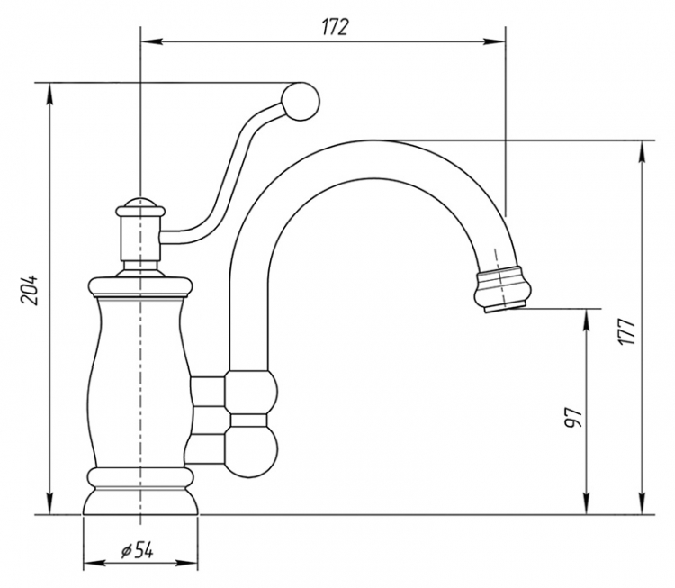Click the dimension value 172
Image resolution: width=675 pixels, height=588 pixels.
(335, 28)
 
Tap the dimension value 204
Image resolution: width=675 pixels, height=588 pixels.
(31, 289)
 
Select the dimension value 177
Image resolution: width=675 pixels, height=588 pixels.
(626, 330)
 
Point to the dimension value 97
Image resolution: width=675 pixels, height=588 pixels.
(574, 417)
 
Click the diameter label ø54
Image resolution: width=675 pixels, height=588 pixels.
(138, 550)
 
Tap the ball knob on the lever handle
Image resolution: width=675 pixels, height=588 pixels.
(301, 101)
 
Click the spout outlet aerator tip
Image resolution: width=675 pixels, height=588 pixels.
(503, 289)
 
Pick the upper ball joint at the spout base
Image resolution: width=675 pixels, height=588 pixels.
(251, 393)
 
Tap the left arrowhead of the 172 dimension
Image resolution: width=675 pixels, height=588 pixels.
(151, 41)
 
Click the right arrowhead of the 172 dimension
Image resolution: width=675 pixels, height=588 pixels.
(494, 41)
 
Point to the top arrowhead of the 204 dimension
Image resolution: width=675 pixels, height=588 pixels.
(50, 93)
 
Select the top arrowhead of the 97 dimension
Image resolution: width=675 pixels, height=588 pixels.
(586, 320)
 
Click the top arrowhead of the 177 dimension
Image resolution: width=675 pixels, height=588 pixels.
(643, 151)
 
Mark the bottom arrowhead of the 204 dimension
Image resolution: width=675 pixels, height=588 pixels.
(50, 503)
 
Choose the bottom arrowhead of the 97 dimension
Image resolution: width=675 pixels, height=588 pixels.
(586, 503)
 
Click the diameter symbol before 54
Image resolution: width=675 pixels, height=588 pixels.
(126, 551)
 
